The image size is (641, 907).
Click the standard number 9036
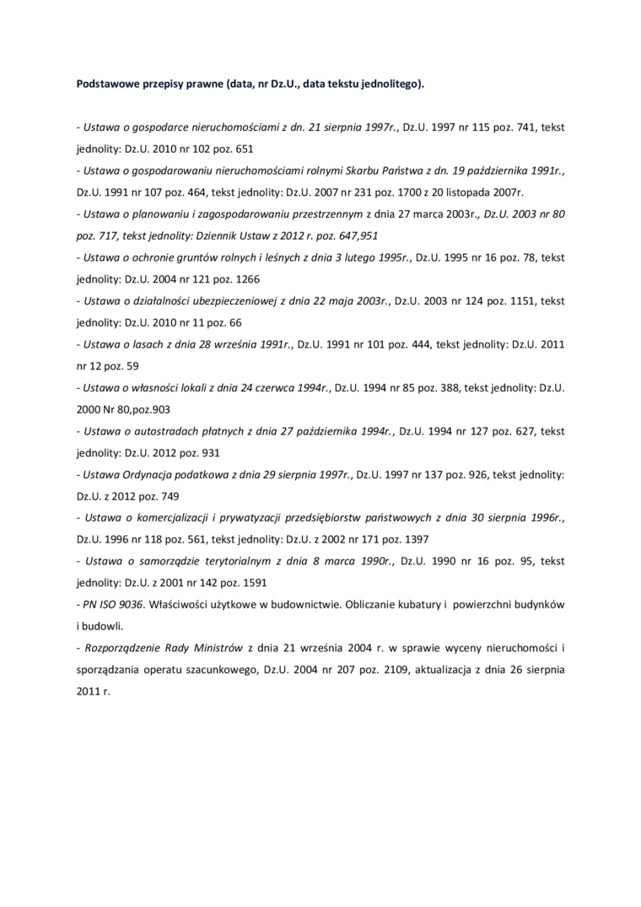click(130, 605)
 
